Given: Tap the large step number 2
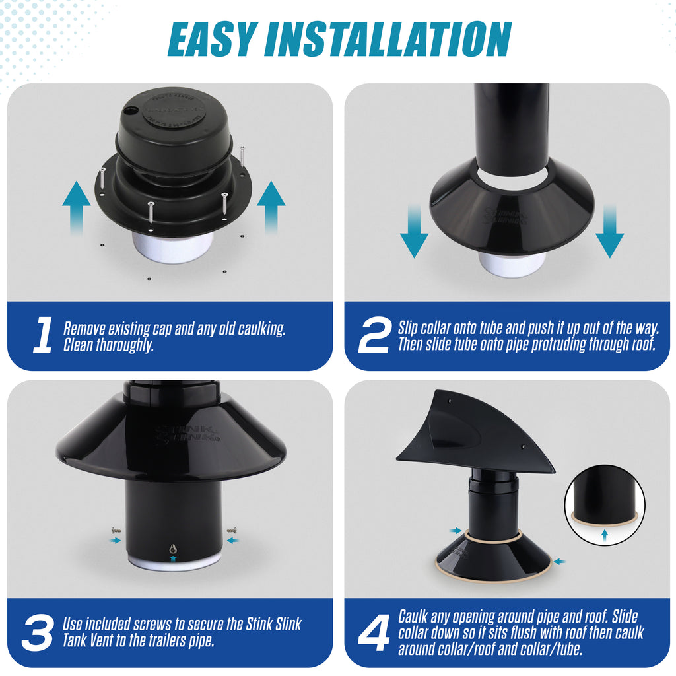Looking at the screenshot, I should pyautogui.click(x=374, y=335).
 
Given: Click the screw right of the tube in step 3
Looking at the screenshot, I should pyautogui.click(x=231, y=529).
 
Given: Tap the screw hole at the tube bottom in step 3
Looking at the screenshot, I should pyautogui.click(x=173, y=549).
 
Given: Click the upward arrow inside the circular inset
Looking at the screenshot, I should pyautogui.click(x=604, y=535).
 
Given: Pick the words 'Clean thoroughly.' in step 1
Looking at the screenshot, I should pyautogui.click(x=108, y=345).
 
